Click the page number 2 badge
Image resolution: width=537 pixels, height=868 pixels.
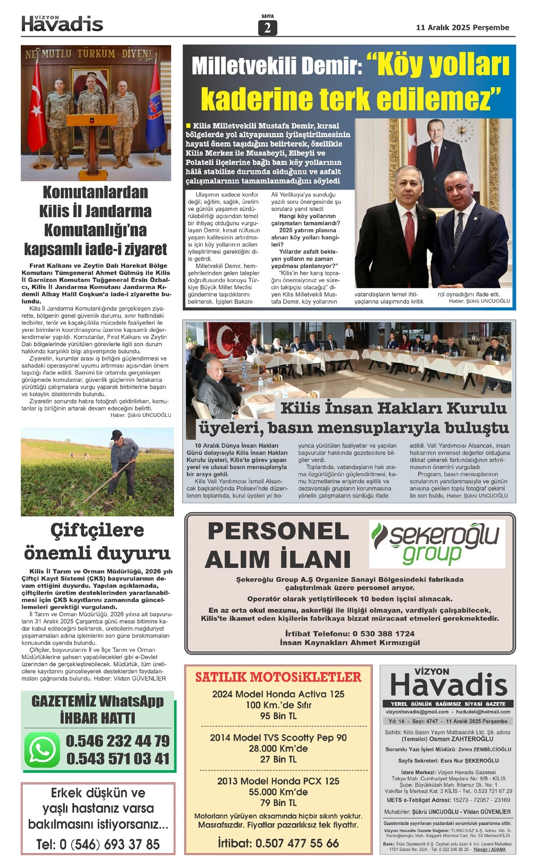(268, 28)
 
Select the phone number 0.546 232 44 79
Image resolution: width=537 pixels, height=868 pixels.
(118, 741)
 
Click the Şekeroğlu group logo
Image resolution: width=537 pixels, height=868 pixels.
(437, 543)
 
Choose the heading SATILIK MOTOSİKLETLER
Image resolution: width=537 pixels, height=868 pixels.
(278, 677)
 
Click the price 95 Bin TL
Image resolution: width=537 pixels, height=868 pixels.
(278, 716)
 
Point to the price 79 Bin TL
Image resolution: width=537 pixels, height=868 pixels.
(278, 803)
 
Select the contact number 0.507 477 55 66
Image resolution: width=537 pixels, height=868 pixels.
(297, 843)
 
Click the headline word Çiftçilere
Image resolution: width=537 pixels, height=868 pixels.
(97, 530)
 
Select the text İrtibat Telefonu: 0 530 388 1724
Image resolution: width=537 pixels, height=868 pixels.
(349, 634)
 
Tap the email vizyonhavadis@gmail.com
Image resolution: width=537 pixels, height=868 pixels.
(417, 712)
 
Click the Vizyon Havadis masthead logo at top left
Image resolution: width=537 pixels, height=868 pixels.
(62, 24)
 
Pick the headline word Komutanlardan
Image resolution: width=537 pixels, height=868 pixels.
(95, 192)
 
